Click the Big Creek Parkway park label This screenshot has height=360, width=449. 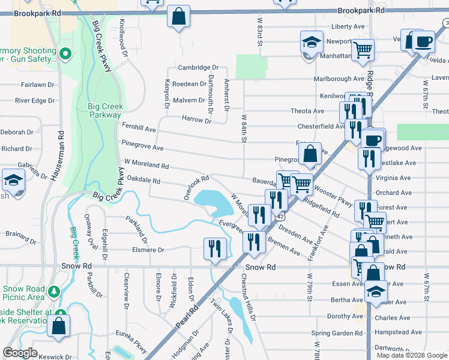click(x=105, y=111)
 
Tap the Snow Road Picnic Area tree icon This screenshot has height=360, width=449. click(x=55, y=292)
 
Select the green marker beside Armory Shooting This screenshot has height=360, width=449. click(x=65, y=55)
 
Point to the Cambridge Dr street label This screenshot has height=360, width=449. click(x=198, y=68)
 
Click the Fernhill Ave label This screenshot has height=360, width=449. click(x=139, y=129)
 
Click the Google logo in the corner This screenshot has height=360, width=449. click(x=20, y=353)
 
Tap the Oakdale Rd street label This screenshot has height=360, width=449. click(x=143, y=180)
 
